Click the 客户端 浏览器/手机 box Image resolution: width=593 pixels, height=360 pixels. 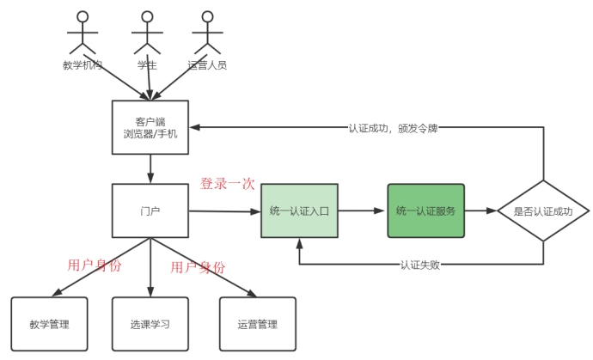point(150,128)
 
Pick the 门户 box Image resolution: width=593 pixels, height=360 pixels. point(150,211)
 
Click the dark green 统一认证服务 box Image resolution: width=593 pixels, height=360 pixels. point(425,211)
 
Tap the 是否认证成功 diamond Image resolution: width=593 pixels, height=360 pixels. point(544,211)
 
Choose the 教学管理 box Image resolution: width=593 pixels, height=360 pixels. point(49,324)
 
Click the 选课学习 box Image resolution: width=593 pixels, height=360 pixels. point(150,324)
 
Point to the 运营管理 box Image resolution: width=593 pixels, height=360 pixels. point(257,324)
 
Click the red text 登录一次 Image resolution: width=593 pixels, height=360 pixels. point(227,184)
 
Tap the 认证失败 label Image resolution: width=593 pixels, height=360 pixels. point(421,263)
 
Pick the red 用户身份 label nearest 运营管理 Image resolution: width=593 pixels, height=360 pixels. point(198,267)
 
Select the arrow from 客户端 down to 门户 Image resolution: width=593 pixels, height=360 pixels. point(150,169)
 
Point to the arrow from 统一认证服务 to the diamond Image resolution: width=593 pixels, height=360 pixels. point(481,211)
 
